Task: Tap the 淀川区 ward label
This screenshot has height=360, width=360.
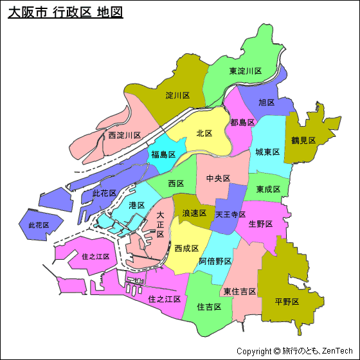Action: (177, 95)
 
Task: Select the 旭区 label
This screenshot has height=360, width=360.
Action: (266, 102)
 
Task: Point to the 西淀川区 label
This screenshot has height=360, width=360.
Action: (124, 135)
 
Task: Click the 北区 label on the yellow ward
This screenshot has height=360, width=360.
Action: (204, 133)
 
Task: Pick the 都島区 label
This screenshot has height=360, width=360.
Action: (242, 122)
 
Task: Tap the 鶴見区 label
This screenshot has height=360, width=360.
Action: (303, 139)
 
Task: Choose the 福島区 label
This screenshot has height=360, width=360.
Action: (163, 154)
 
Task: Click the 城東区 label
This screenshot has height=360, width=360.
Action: (267, 152)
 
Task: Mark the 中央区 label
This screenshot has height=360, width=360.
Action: (218, 178)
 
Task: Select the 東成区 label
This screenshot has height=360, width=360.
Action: (267, 189)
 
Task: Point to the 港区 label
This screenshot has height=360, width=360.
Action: (136, 205)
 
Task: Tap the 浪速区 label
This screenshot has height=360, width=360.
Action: (194, 213)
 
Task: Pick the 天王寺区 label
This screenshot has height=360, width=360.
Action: (230, 213)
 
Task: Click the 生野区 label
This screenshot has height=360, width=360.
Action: (260, 224)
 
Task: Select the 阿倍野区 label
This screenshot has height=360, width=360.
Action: (215, 261)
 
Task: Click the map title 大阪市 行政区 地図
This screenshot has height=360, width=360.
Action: (65, 12)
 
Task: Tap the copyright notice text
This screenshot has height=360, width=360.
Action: (296, 351)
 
